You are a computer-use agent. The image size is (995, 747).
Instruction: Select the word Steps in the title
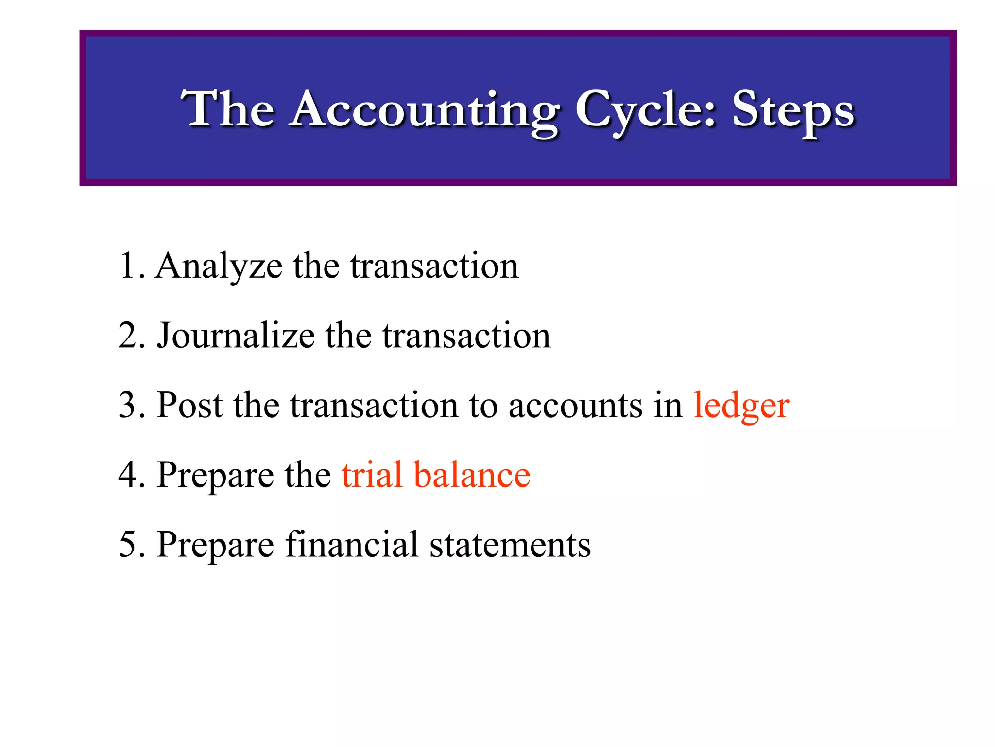tap(793, 111)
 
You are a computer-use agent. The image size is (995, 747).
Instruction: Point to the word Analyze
tap(219, 267)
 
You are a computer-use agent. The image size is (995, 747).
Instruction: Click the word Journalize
tap(236, 336)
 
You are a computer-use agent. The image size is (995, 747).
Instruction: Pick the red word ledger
tap(741, 406)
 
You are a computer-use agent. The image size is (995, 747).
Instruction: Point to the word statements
tap(510, 545)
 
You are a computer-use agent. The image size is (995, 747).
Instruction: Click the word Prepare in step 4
tap(215, 476)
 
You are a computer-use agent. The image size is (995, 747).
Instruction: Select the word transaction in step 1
tap(434, 267)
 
